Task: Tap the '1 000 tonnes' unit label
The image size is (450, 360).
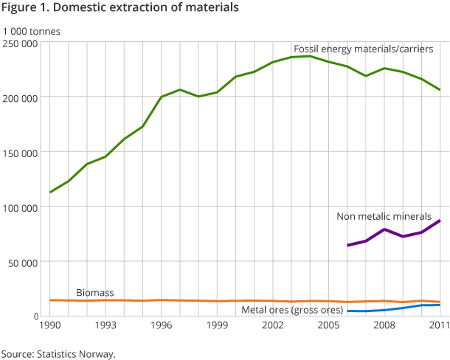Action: click(x=32, y=32)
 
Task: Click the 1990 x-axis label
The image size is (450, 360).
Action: click(x=49, y=325)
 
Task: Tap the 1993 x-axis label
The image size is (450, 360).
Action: click(x=105, y=325)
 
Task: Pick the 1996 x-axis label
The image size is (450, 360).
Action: click(x=162, y=325)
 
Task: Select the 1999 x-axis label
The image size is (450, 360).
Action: click(x=217, y=325)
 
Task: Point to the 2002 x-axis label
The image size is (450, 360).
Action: click(x=273, y=325)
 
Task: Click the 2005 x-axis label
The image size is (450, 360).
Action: click(x=328, y=325)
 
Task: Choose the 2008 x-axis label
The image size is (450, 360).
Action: click(x=384, y=325)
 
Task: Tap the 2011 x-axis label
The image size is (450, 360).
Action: click(x=439, y=325)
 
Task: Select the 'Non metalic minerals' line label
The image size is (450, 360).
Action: click(x=384, y=216)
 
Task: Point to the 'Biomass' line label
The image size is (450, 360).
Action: click(x=94, y=292)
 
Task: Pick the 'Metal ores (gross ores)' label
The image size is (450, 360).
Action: click(x=292, y=310)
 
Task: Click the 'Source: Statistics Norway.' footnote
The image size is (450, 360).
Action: click(x=58, y=353)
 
